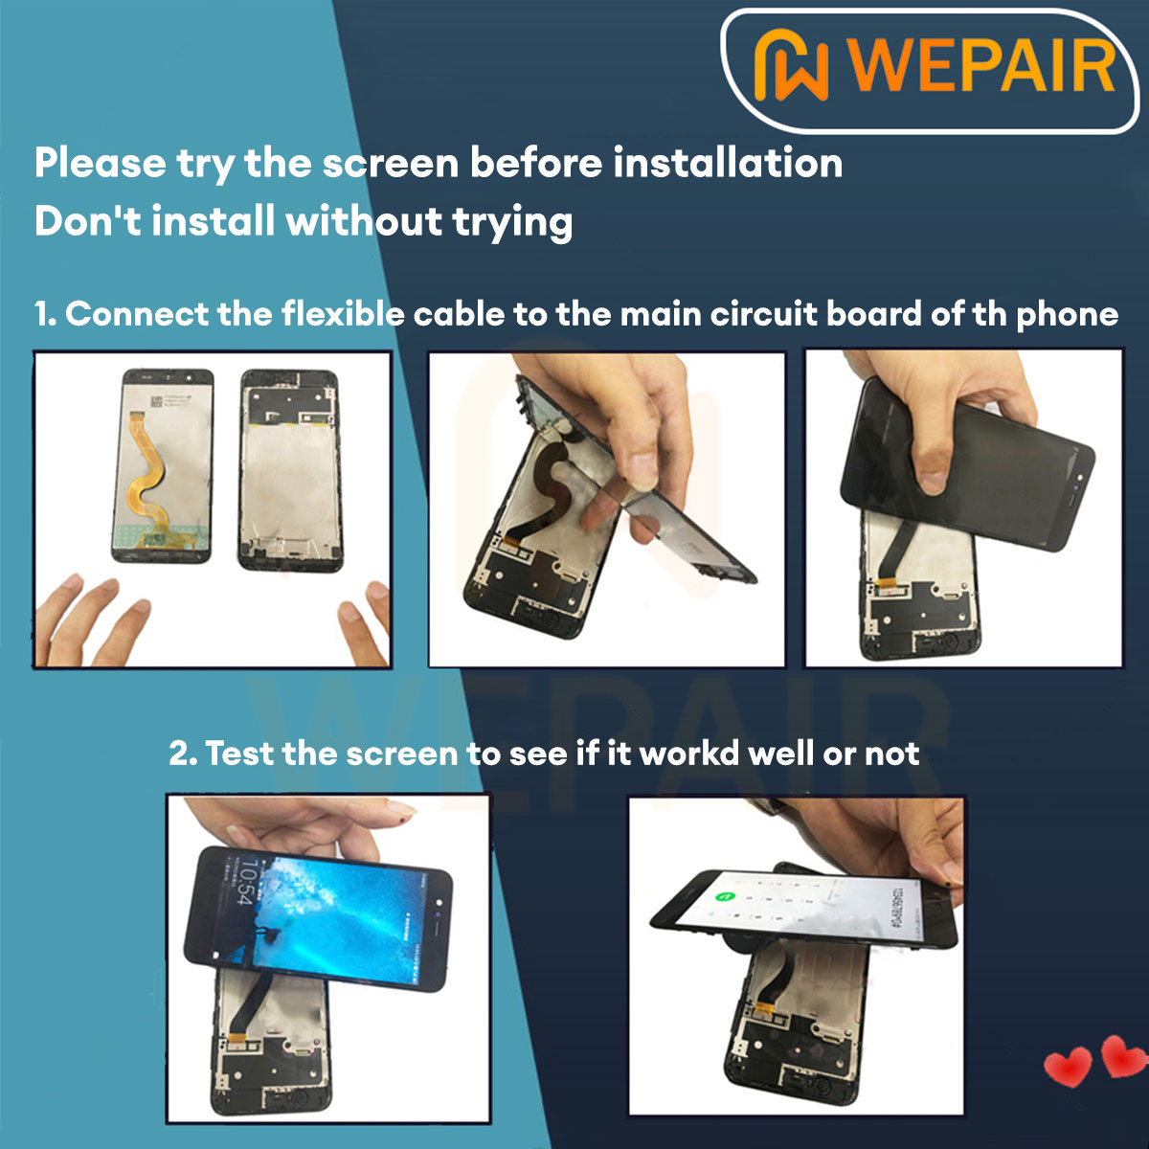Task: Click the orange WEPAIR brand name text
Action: click(981, 65)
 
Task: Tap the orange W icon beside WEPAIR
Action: click(791, 65)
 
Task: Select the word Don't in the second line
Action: click(87, 221)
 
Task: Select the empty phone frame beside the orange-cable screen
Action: click(289, 469)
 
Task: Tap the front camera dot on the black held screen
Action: click(1079, 476)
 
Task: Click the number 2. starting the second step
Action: click(183, 754)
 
